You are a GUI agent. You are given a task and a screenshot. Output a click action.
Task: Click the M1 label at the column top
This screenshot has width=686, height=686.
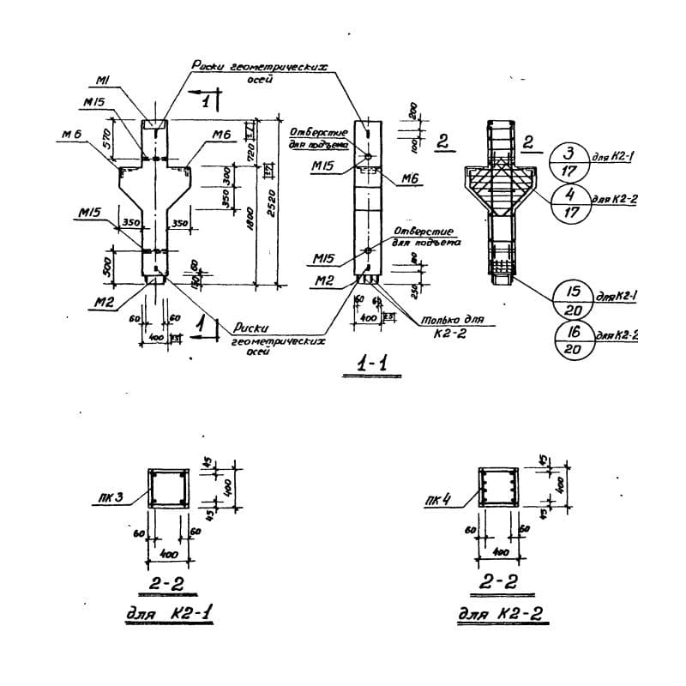pos(100,81)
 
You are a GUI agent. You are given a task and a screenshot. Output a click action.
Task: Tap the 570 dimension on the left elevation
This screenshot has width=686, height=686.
pos(107,141)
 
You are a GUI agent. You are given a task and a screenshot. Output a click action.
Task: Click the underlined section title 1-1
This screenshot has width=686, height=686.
pos(374,365)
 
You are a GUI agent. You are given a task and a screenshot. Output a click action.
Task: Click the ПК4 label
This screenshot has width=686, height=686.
pos(437,497)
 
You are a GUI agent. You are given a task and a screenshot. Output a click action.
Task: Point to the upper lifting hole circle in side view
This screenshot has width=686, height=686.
pos(367,157)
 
